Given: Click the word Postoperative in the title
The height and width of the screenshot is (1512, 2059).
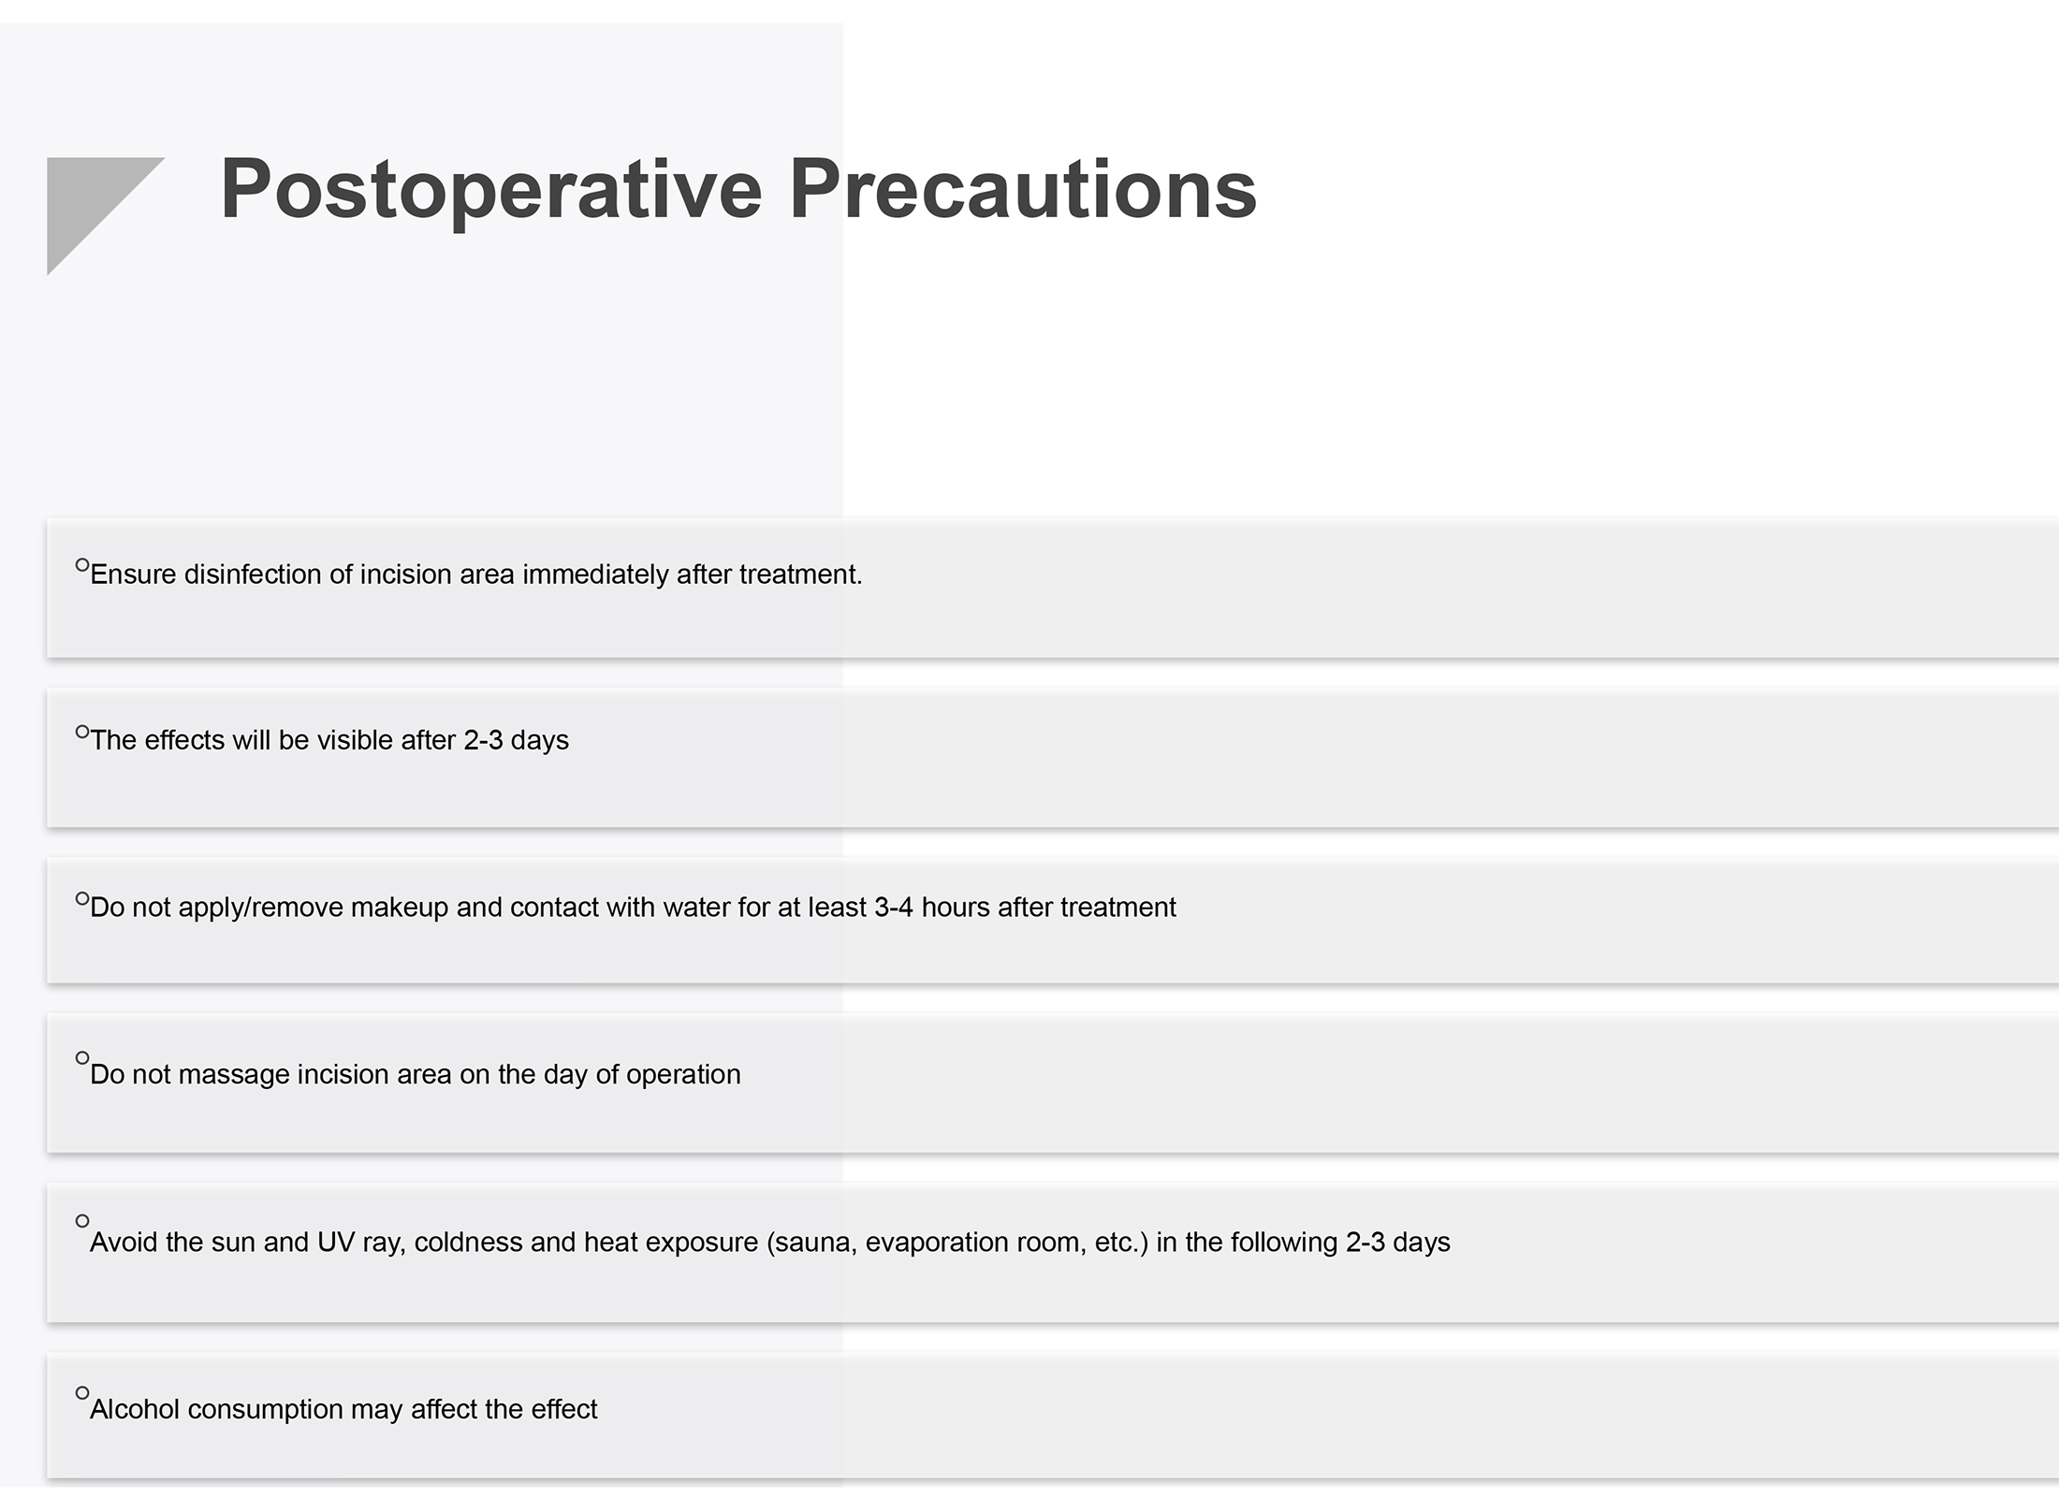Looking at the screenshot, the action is pos(491,192).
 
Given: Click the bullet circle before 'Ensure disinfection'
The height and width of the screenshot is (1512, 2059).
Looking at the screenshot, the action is pos(82,565).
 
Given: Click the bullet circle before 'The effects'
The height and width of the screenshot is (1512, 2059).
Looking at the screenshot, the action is pos(82,732).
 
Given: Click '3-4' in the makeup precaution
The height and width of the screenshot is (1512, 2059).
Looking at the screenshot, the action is pos(894,908).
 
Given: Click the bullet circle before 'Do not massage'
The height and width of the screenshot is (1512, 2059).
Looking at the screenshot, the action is pos(82,1058).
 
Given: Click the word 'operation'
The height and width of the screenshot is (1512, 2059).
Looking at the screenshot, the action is pos(683,1074).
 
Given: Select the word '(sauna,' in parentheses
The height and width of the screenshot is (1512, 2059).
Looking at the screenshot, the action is pos(812,1243).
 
